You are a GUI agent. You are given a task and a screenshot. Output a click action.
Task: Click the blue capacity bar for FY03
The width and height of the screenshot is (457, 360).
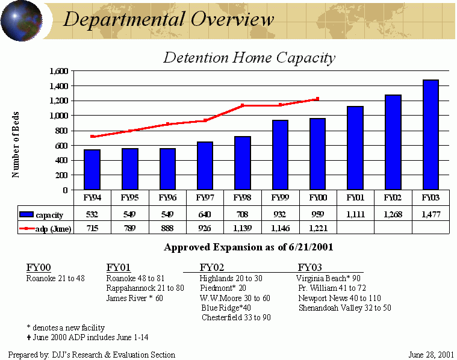pos(431,135)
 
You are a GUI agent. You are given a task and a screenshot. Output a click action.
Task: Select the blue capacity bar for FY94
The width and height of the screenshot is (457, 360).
pos(92,170)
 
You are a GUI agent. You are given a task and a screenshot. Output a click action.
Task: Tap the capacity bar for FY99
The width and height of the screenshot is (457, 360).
pos(280,155)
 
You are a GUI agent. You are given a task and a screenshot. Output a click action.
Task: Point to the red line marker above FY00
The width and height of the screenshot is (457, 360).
pos(317,99)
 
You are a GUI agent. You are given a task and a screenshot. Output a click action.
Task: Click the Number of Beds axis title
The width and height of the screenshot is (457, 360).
pos(16,144)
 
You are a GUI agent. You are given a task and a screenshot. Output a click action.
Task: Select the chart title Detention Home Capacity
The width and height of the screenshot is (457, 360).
pos(249,58)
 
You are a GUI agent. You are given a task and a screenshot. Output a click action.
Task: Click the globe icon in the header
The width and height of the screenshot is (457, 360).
pos(21,20)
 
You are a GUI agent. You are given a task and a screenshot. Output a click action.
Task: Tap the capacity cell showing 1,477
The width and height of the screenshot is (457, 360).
pos(431,214)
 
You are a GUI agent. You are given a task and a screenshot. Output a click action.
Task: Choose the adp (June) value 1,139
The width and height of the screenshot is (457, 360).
pos(243,228)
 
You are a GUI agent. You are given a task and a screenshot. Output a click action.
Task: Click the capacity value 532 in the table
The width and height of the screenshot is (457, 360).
pos(92,214)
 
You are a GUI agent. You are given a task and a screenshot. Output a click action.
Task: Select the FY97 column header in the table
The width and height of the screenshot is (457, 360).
pos(205,197)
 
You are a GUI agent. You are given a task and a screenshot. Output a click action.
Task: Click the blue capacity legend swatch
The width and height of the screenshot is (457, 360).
pos(26,214)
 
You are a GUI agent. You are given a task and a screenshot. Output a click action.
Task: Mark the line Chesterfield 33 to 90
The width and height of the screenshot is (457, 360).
pos(235,317)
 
